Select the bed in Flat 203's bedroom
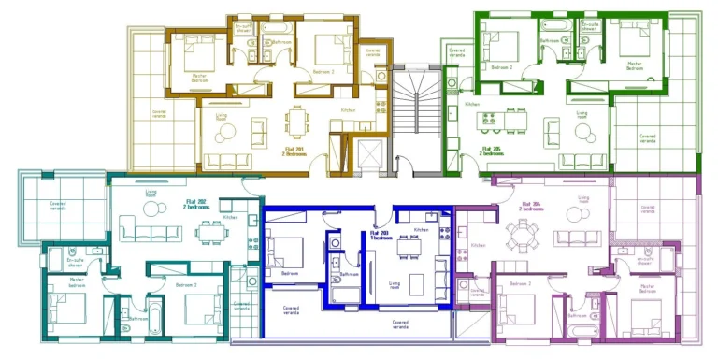tap(287, 252)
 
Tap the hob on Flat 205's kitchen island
tap(489, 121)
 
